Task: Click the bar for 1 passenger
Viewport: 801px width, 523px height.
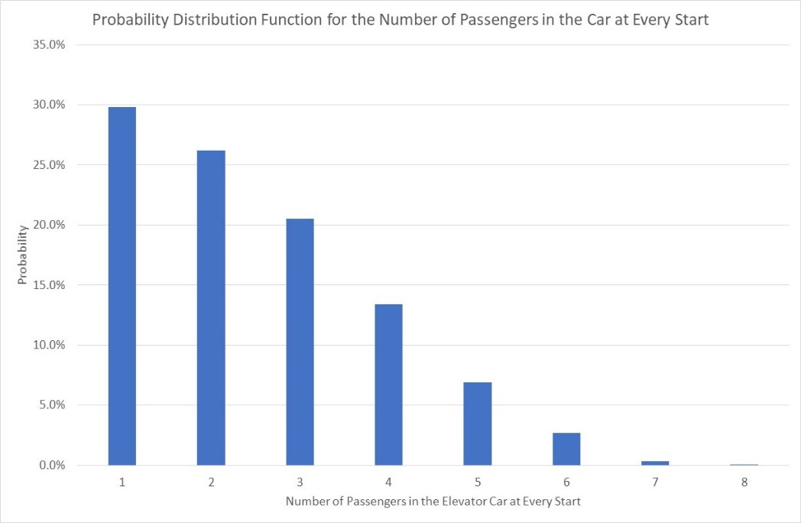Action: click(x=122, y=286)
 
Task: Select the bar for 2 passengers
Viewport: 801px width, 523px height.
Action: click(x=211, y=307)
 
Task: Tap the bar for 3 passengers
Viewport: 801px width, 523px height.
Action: click(x=300, y=342)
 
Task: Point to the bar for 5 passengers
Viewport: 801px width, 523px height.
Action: click(x=478, y=424)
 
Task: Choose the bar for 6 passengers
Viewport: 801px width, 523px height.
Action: click(x=566, y=449)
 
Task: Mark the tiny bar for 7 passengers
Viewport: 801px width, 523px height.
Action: click(x=655, y=463)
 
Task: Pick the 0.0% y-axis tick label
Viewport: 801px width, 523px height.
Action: click(x=53, y=465)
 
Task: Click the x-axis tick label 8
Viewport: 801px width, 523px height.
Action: click(x=744, y=482)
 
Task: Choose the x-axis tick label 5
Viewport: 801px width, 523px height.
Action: click(x=478, y=482)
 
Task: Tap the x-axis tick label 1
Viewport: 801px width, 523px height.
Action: click(x=122, y=482)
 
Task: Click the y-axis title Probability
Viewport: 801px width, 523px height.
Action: click(x=23, y=255)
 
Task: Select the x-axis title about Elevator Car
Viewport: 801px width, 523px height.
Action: click(x=433, y=502)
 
